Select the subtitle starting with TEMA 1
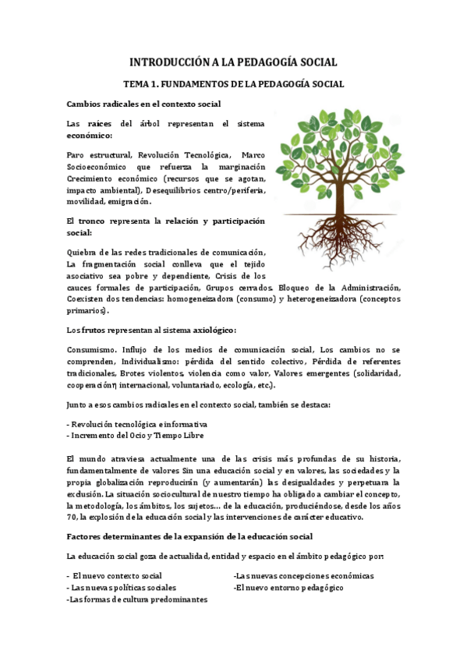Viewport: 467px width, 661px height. pos(234,83)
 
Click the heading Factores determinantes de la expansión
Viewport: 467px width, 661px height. pos(190,536)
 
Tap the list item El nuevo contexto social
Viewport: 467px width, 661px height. pos(117,576)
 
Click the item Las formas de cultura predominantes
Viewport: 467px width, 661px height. pos(138,599)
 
